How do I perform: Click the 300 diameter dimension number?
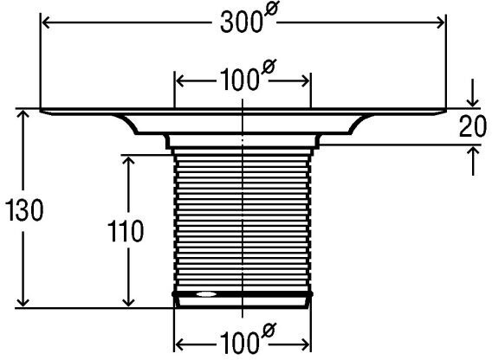coord(241,22)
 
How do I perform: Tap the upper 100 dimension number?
coord(240,80)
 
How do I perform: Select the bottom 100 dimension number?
coord(240,344)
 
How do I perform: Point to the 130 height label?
coord(24,210)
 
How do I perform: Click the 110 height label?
coord(126,231)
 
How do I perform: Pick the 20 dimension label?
coord(473,126)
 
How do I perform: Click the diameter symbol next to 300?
coord(271,10)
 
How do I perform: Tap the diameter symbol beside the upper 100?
coord(268,67)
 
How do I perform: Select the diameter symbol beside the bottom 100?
coord(268,331)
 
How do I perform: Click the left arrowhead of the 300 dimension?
coord(46,22)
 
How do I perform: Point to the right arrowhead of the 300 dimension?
coord(441,22)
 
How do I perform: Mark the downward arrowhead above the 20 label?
coord(473,102)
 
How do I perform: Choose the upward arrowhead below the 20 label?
coord(473,151)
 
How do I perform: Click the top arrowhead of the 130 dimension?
coord(23,114)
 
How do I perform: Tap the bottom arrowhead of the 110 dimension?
coord(128,302)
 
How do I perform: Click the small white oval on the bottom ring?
coord(206,294)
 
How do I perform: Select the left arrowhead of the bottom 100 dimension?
coord(179,345)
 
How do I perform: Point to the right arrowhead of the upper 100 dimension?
coord(306,81)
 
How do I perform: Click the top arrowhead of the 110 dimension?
coord(129,161)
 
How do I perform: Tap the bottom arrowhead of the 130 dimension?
coord(23,302)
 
